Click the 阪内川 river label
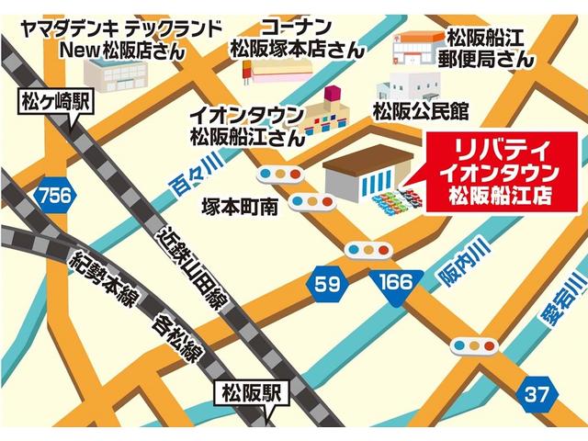(475, 259)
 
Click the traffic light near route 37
(476, 346)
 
